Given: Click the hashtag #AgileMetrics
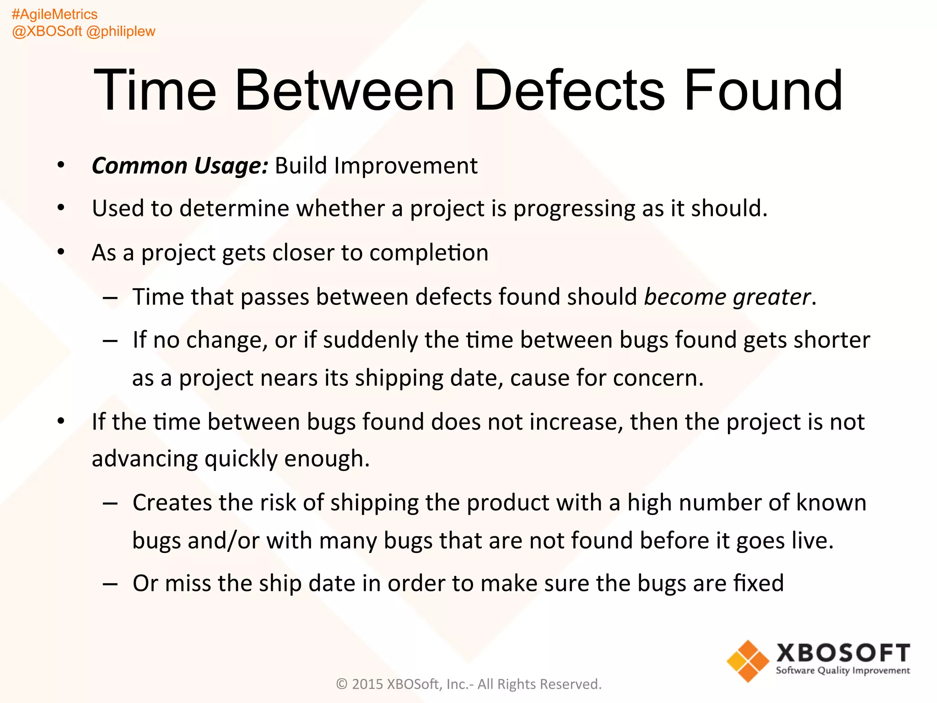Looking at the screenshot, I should (x=54, y=14).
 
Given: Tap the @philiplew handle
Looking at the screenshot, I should (x=121, y=31).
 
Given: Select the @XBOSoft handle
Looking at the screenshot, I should (x=47, y=31).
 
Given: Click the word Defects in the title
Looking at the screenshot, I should (x=569, y=90).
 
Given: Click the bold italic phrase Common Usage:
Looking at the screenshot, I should (x=179, y=166).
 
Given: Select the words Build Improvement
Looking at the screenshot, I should (x=376, y=166).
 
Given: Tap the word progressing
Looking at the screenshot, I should (x=574, y=209).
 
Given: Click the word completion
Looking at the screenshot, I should (x=429, y=253).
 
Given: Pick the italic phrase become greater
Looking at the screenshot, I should (x=727, y=297).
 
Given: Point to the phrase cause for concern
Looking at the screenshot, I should (x=606, y=378).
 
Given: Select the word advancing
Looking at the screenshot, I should (x=145, y=459).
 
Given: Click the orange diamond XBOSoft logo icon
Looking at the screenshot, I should (x=748, y=661).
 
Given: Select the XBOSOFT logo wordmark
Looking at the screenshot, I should (x=843, y=653).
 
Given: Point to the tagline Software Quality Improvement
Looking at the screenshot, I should (x=843, y=671).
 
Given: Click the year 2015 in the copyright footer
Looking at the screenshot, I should (x=367, y=684).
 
